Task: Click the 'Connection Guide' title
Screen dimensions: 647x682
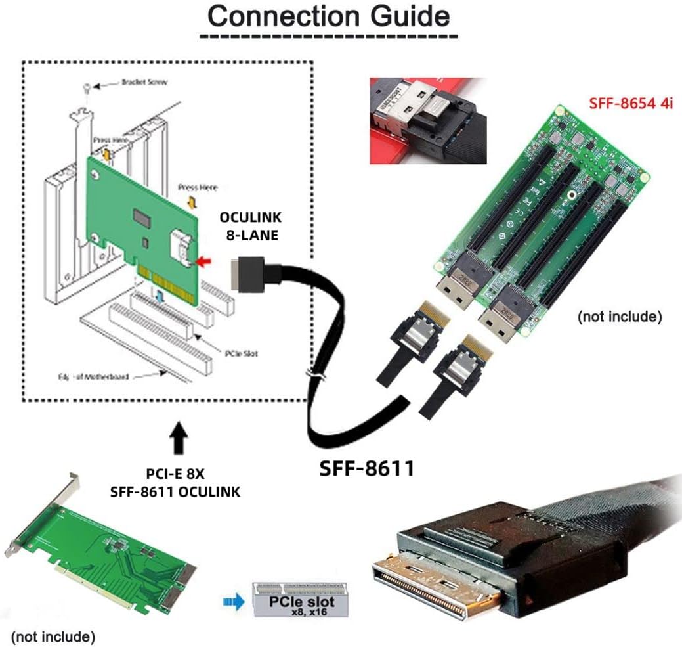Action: [x=329, y=16]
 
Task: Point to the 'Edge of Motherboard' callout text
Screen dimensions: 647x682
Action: [x=93, y=377]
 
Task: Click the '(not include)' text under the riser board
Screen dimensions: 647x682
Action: [x=618, y=317]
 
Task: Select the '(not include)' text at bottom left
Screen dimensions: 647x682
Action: [x=53, y=636]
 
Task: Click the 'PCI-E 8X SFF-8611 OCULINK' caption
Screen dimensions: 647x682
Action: [x=182, y=482]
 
